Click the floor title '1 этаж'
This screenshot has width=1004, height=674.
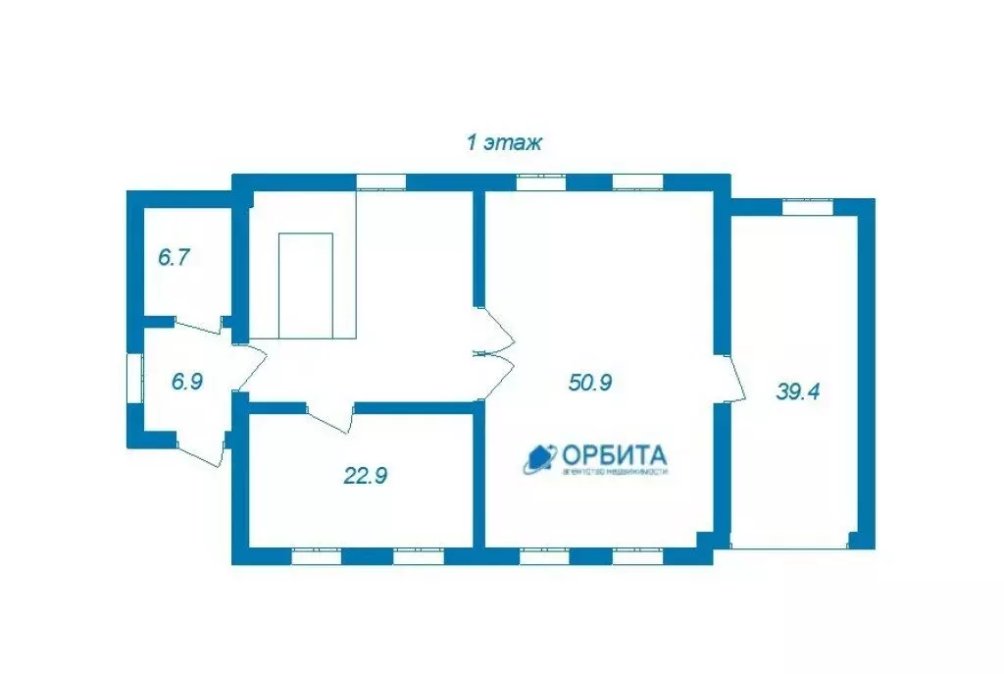point(503,143)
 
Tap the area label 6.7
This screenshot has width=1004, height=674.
point(174,258)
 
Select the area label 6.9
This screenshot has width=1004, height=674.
point(186,382)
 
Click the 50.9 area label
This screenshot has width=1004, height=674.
point(590,382)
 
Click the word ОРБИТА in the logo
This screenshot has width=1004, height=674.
point(614,455)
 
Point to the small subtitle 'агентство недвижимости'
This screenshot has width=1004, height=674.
point(615,472)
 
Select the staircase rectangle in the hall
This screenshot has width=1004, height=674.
point(306,285)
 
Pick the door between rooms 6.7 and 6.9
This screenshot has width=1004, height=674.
point(203,329)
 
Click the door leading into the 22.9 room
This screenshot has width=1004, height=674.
point(330,417)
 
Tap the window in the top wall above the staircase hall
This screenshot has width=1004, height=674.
point(380,181)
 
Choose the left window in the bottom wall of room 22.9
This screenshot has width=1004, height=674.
point(317,556)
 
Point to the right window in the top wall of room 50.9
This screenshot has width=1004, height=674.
point(637,181)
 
